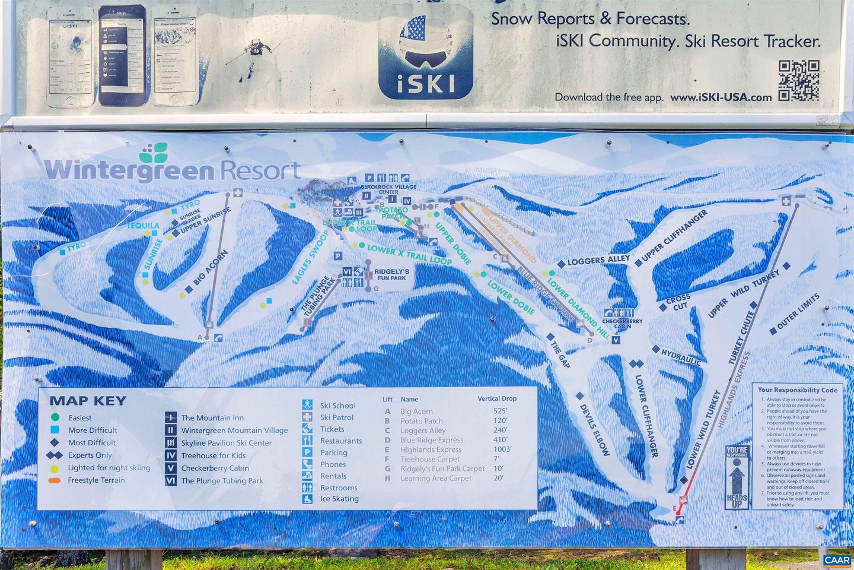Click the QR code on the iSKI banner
pyautogui.click(x=799, y=80)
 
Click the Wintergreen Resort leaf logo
pyautogui.click(x=154, y=153)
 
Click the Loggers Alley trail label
pyautogui.click(x=598, y=260)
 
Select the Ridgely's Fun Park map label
pyautogui.click(x=391, y=274)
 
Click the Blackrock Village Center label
pyautogui.click(x=388, y=189)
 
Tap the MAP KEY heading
pyautogui.click(x=88, y=401)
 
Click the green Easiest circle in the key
pyautogui.click(x=55, y=417)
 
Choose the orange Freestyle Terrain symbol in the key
pyautogui.click(x=55, y=480)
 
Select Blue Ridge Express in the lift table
pyautogui.click(x=432, y=440)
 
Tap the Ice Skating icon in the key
pyautogui.click(x=307, y=499)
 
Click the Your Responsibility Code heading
pyautogui.click(x=798, y=390)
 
